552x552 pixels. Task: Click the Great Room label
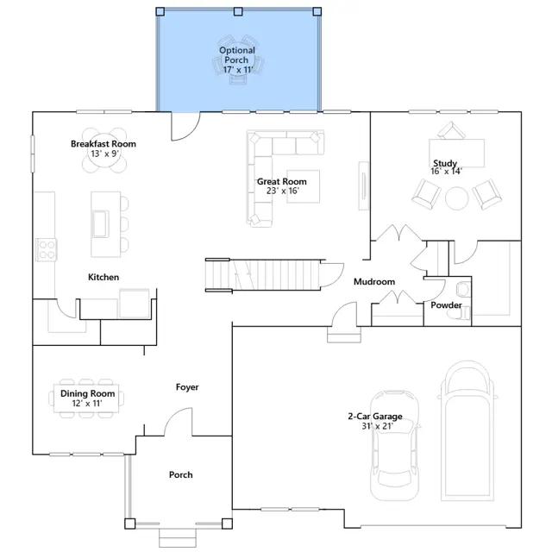pyautogui.click(x=282, y=182)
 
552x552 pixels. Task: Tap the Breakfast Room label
pyautogui.click(x=103, y=144)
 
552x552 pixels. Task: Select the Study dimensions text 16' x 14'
pyautogui.click(x=447, y=172)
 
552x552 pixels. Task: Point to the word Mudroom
pyautogui.click(x=374, y=282)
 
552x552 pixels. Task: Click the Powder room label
pyautogui.click(x=446, y=304)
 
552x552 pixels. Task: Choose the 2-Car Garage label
pyautogui.click(x=375, y=416)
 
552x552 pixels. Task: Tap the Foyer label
pyautogui.click(x=187, y=387)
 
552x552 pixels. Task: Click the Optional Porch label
pyautogui.click(x=237, y=55)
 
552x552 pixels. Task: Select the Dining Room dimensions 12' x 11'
pyautogui.click(x=87, y=404)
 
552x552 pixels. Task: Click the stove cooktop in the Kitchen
pyautogui.click(x=46, y=249)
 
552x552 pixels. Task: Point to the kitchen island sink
pyautogui.click(x=100, y=223)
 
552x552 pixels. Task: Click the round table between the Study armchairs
pyautogui.click(x=456, y=198)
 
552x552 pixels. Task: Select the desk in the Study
pyautogui.click(x=456, y=154)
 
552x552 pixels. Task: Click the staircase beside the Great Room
pyautogui.click(x=262, y=274)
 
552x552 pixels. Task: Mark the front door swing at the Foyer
pyautogui.click(x=179, y=422)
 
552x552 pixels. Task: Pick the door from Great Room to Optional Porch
pyautogui.click(x=185, y=126)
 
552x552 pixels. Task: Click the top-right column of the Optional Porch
pyautogui.click(x=317, y=11)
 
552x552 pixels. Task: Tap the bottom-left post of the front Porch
pyautogui.click(x=130, y=524)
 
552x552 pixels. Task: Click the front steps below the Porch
pyautogui.click(x=178, y=538)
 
